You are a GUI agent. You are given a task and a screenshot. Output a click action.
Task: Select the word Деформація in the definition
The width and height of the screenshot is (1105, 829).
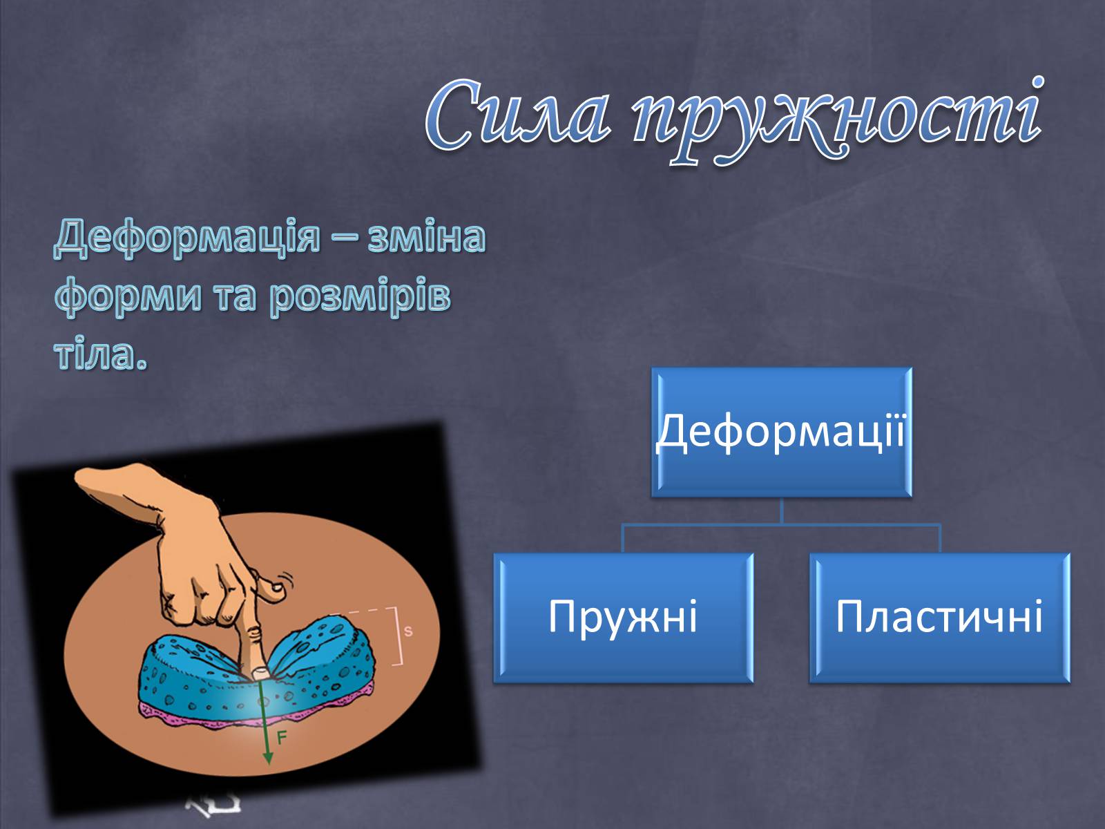(186, 238)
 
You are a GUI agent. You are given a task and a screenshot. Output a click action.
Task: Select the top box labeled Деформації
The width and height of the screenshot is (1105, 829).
(781, 432)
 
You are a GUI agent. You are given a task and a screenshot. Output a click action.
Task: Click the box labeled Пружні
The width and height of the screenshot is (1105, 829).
(623, 618)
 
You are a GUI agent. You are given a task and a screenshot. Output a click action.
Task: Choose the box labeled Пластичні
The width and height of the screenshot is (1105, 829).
(940, 618)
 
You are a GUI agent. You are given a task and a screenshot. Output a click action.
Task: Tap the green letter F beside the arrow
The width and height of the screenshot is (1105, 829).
(282, 738)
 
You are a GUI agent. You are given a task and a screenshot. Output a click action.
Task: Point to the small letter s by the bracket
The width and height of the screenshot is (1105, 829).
(408, 631)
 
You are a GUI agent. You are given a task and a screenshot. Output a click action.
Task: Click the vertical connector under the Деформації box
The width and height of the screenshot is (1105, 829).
(781, 511)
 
